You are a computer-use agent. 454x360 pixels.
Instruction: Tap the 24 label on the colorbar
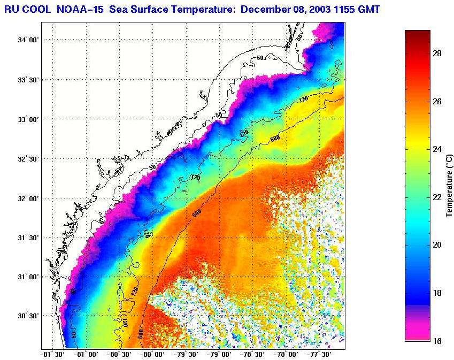click(437, 149)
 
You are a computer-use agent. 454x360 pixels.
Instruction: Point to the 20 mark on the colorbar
click(437, 244)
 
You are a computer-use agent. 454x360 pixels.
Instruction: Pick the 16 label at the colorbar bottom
click(437, 340)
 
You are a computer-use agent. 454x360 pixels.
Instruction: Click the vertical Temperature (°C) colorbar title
click(450, 185)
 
